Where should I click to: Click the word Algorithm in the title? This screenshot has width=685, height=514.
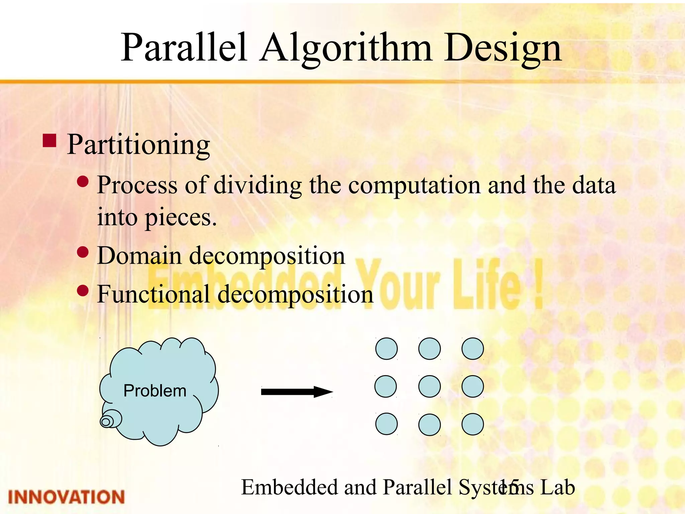(x=346, y=49)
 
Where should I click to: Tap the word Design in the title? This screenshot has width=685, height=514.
(x=503, y=49)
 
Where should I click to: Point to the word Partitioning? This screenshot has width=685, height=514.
(x=138, y=145)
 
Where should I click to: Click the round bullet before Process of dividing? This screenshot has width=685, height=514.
(x=83, y=182)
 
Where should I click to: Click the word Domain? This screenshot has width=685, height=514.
(x=139, y=256)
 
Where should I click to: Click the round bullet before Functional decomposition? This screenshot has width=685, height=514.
(x=83, y=290)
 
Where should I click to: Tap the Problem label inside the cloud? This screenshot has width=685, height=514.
(x=155, y=391)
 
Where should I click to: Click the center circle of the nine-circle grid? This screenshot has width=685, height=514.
(x=429, y=387)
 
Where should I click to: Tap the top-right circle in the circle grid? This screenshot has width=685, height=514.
(x=473, y=349)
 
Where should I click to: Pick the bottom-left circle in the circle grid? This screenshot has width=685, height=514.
(x=386, y=424)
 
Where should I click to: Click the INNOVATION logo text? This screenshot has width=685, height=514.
(x=66, y=497)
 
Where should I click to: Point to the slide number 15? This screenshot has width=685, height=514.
(x=508, y=488)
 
